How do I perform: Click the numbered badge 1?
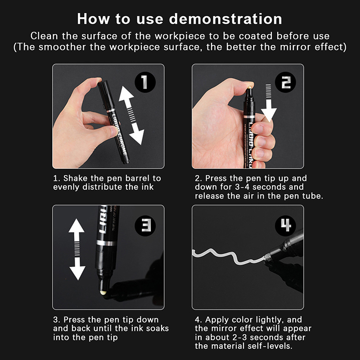point(145,82)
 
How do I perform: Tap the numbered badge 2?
point(285,82)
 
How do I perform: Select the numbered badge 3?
point(145,226)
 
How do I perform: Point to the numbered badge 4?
point(285,226)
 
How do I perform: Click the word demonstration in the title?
point(225,19)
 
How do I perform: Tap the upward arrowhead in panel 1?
point(126,94)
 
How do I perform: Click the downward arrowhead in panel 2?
point(269,114)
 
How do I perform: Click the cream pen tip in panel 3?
point(103,293)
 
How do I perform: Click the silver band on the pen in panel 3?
point(106,243)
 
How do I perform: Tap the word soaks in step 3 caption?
point(157,328)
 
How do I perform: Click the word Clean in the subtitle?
point(44,36)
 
